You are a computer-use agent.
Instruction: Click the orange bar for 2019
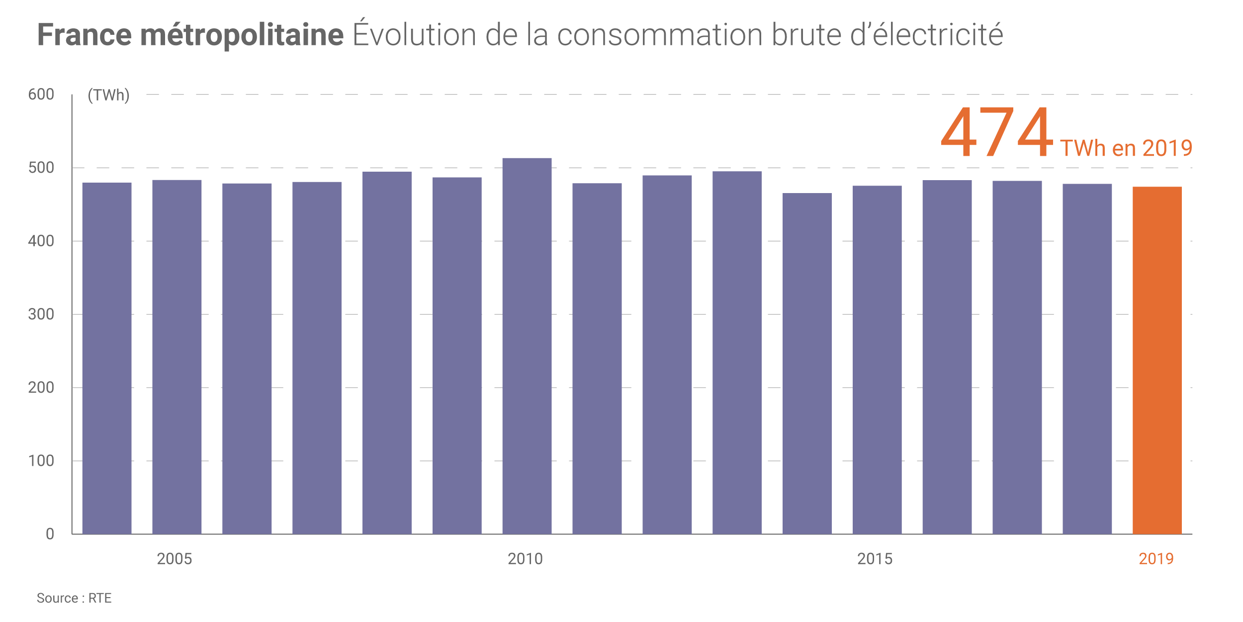coord(1157,360)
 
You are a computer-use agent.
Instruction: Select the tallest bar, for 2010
coord(527,346)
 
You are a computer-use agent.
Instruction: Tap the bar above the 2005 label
coord(177,357)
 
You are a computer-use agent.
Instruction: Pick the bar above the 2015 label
coord(877,360)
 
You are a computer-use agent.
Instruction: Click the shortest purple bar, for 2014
coord(807,363)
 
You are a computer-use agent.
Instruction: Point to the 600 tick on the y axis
coord(41,94)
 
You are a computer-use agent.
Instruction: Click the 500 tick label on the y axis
coord(41,168)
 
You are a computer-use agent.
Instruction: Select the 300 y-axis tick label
coord(41,314)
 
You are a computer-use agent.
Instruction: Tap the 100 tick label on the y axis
coord(41,461)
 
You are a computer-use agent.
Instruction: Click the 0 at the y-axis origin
coord(50,534)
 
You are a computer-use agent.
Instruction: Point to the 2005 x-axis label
coord(175,559)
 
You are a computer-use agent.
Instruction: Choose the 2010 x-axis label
coord(525,559)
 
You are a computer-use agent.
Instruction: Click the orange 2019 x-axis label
coord(1156,559)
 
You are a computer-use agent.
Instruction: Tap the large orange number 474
coord(996,131)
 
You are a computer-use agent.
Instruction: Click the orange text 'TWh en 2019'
coord(1126,148)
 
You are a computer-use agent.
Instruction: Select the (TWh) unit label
coord(108,95)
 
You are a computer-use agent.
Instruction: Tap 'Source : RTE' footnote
coord(74,598)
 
